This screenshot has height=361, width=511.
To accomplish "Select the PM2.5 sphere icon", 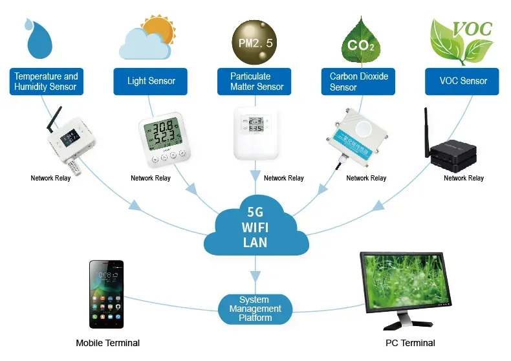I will point(256,39).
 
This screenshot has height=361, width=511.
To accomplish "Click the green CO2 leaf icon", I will point(360,42).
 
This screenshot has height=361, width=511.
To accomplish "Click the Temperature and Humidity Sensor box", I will point(46,81).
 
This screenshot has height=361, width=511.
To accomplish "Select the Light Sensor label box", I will point(151,82).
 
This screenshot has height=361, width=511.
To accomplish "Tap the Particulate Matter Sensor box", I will point(257,82).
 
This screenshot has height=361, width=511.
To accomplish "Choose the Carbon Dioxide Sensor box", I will point(360,82).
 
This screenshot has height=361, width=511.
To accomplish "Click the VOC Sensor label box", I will point(462,82).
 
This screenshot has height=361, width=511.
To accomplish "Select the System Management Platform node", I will point(255,309).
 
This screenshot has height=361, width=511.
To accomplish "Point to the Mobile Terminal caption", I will point(107,343).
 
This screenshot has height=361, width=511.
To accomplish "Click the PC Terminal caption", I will point(410,343).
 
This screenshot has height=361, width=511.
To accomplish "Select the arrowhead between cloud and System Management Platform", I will point(255,276).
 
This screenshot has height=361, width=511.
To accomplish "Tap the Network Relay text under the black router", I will point(464,178).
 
